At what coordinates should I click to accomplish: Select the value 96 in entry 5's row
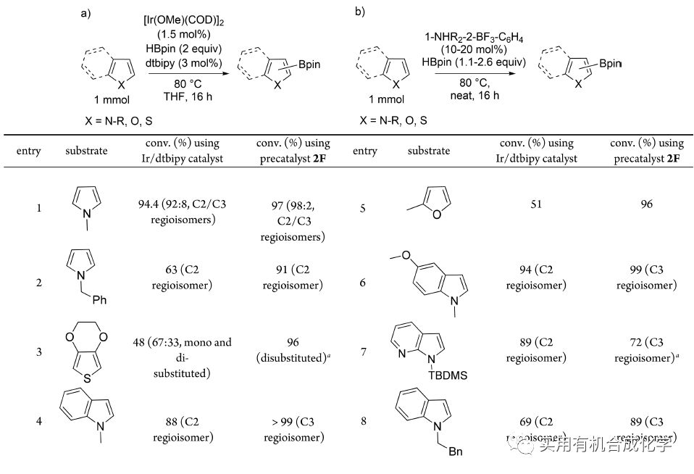(647, 204)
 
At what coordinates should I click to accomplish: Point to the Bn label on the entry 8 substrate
(456, 452)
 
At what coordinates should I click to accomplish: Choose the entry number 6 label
(361, 283)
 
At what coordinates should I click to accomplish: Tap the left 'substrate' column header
(86, 151)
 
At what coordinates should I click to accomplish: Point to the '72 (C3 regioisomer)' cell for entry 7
(647, 352)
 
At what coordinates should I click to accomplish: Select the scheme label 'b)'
(360, 12)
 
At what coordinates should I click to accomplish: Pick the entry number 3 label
(38, 352)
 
